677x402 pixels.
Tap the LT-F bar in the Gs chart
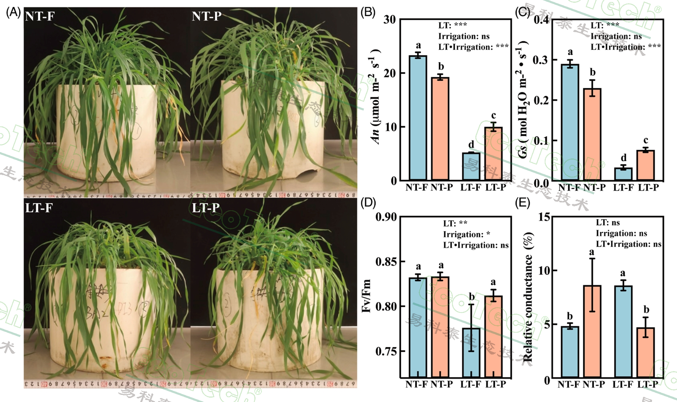coord(623,174)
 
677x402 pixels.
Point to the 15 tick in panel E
coord(544,217)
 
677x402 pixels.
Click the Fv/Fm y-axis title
coord(367,296)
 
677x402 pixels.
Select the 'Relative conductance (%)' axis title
coord(528,297)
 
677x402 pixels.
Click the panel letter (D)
coord(368,203)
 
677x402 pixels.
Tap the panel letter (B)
coord(368,12)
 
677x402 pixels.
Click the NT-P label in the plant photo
coord(206,16)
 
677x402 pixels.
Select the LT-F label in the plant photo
coord(39,208)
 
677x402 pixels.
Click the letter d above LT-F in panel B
coord(471,145)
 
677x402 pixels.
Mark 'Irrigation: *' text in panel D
coord(466,234)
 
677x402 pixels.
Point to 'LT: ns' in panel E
coord(608,223)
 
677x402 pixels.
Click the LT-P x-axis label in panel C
coord(648,188)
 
